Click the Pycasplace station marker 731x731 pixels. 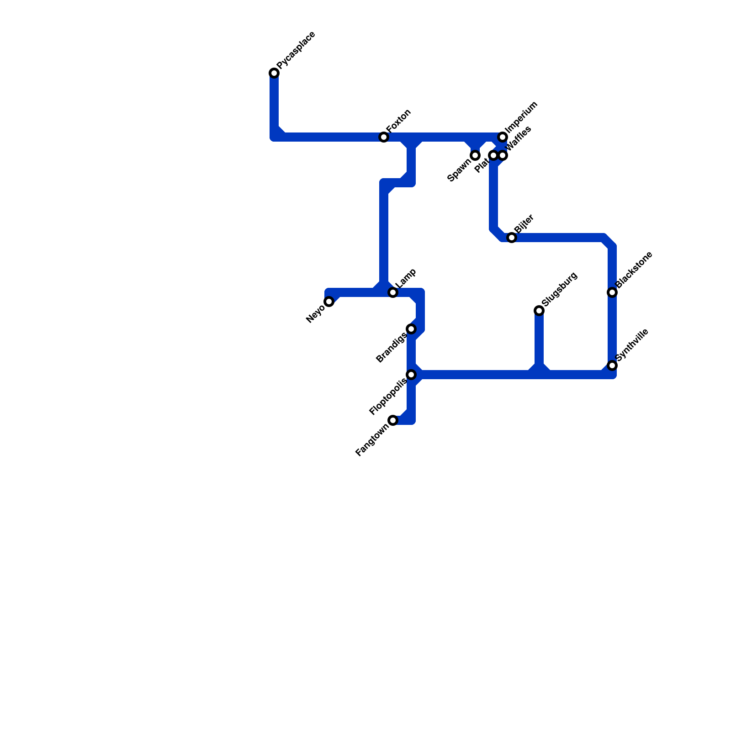[x=274, y=73]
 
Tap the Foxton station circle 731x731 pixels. [x=384, y=137]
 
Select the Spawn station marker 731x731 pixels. [x=475, y=155]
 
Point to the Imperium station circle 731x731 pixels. [x=503, y=137]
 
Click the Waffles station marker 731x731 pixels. [x=503, y=155]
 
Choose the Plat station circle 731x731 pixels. [x=493, y=155]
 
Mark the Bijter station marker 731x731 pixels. [x=512, y=238]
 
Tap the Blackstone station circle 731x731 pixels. [x=612, y=292]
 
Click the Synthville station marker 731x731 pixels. [x=612, y=365]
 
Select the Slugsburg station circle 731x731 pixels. [x=539, y=311]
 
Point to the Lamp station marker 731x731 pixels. [x=393, y=292]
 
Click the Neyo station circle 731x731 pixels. [x=329, y=302]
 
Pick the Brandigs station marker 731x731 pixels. [x=411, y=329]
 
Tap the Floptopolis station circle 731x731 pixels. [x=411, y=375]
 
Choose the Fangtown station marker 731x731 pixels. [x=393, y=420]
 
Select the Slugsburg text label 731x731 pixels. [x=560, y=290]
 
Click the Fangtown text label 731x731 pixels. [x=372, y=440]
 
